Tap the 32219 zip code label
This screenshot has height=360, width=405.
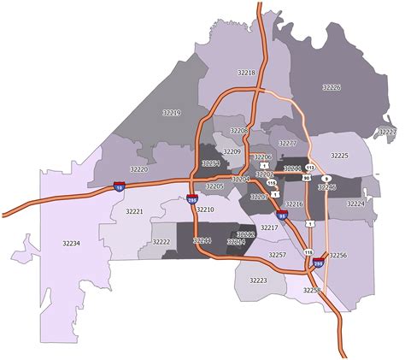(x=171, y=112)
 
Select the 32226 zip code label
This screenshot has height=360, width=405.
(x=331, y=87)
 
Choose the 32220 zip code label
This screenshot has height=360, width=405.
(x=139, y=169)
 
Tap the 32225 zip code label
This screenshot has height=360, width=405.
(x=339, y=156)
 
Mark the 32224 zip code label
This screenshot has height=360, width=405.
(x=355, y=204)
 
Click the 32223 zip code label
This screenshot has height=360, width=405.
(x=258, y=280)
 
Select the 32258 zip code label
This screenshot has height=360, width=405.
(x=311, y=291)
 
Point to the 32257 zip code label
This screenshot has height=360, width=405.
(x=277, y=255)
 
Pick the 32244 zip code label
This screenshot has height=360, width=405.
(x=203, y=241)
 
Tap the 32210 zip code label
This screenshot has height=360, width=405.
(x=205, y=210)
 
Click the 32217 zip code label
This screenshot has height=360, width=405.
(x=269, y=228)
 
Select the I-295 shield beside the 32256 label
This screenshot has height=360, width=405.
(x=318, y=264)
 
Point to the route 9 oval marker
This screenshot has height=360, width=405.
(x=326, y=178)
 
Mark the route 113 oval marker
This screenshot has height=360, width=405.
(x=310, y=168)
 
